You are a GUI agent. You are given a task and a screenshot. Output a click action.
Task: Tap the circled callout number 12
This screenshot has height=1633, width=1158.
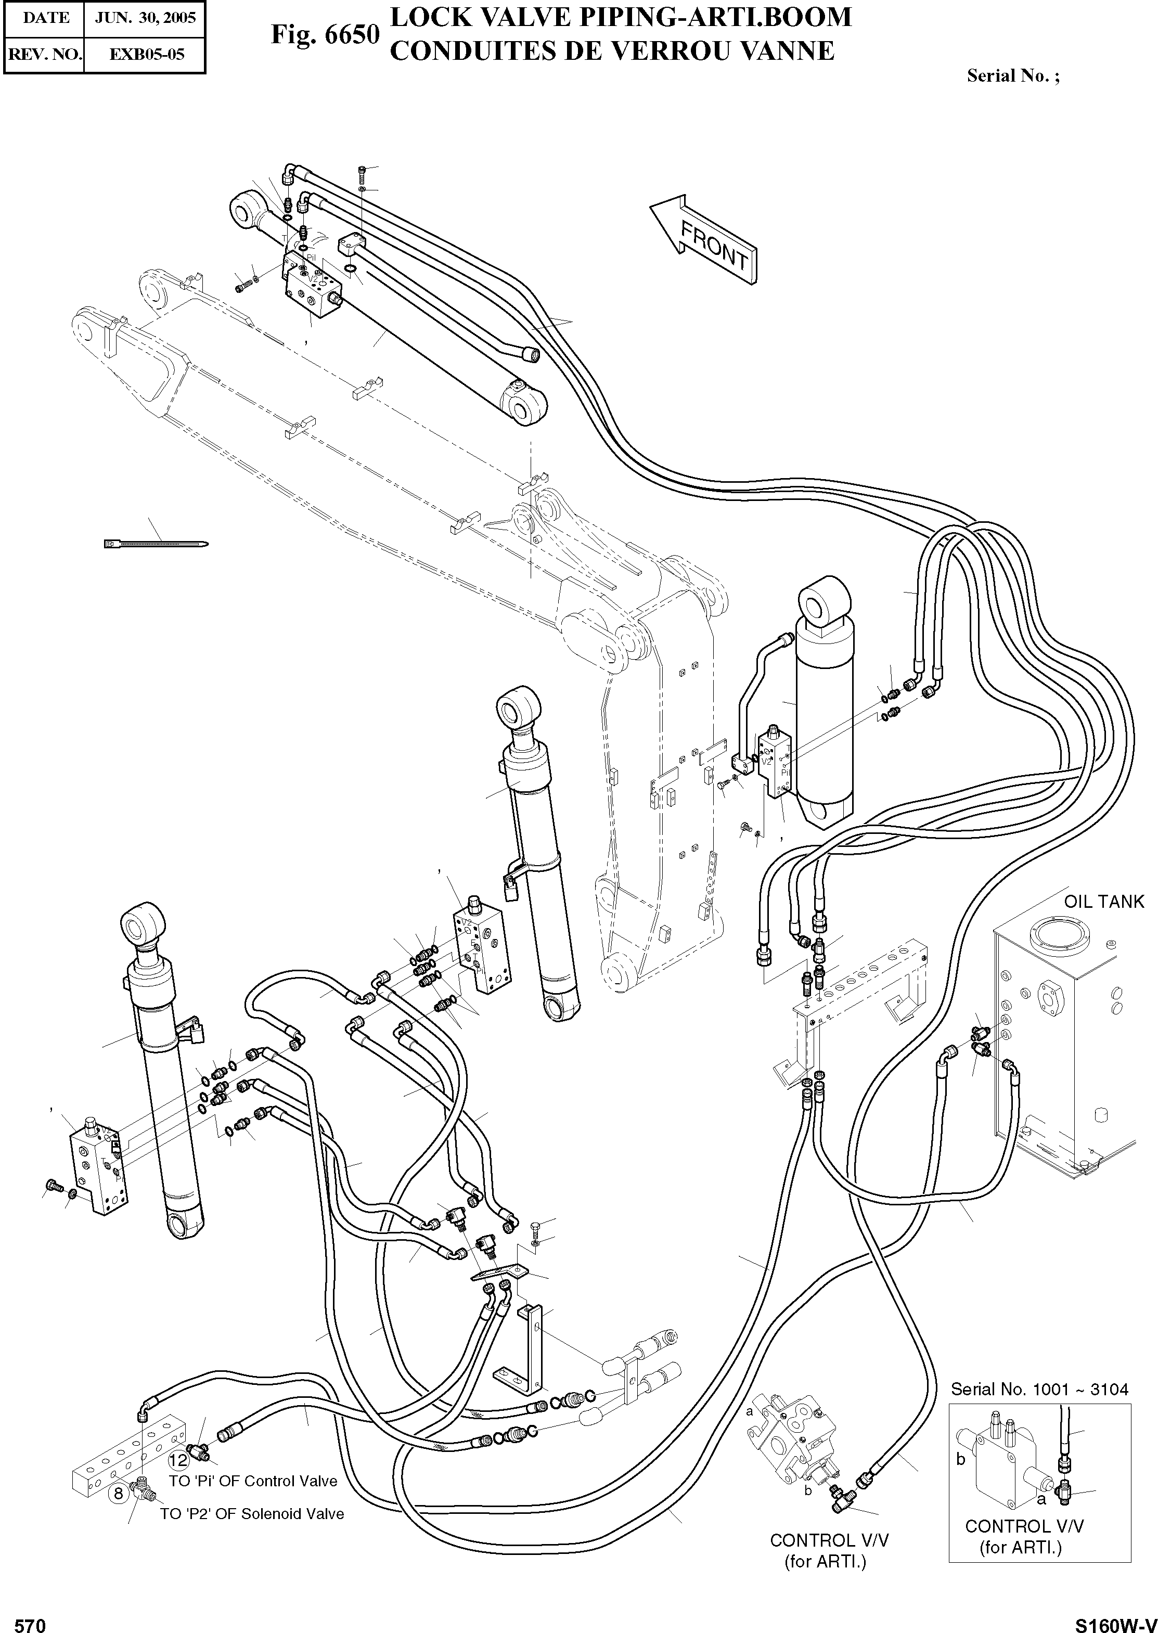coord(178,1460)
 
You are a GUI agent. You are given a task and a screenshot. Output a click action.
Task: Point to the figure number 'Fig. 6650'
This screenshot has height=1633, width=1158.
coord(325,33)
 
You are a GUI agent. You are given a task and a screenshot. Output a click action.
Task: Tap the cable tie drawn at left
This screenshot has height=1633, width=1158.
coord(156,544)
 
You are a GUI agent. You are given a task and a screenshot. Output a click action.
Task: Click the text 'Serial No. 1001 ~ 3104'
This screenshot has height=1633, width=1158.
coord(1039,1389)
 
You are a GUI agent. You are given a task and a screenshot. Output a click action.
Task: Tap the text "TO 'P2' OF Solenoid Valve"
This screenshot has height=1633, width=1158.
coord(252,1513)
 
